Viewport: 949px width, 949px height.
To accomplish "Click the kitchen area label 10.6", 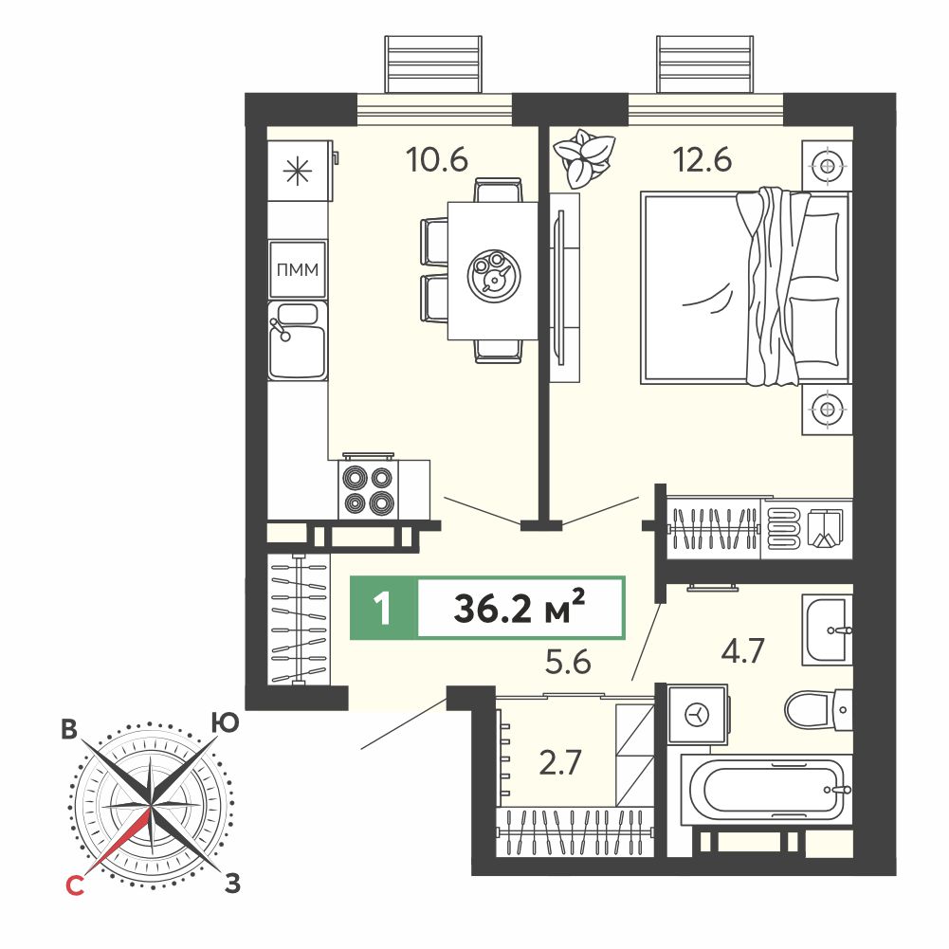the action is point(437,160).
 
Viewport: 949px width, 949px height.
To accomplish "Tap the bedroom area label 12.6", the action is point(703,160).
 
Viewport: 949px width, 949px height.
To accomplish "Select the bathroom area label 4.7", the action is point(742,650).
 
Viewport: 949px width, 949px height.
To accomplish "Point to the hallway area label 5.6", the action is point(568,662).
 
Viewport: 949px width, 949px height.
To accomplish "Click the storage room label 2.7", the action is point(560,762).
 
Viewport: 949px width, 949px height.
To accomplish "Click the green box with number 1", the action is point(384,608).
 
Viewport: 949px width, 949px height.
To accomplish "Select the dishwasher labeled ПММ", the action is point(297,269).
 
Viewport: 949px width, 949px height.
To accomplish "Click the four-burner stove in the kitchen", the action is point(368,488).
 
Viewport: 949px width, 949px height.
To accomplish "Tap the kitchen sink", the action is point(297,340).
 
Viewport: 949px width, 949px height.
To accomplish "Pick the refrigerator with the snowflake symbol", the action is point(300,171).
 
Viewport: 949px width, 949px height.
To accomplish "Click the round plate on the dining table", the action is point(494,275).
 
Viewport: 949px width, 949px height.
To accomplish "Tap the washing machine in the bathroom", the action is point(697,714).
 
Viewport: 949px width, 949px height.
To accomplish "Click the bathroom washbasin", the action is point(828,630).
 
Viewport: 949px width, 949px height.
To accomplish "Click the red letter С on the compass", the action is point(74,886).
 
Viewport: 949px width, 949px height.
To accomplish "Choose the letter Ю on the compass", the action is point(225,722).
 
